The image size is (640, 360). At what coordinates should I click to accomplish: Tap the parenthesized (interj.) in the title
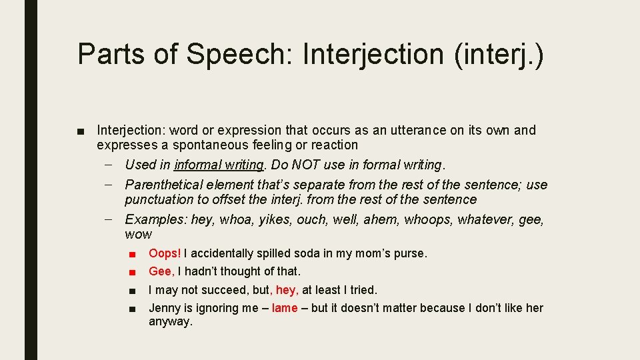click(x=499, y=54)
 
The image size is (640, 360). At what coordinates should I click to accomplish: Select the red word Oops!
click(x=165, y=253)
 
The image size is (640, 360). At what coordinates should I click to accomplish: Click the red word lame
click(x=285, y=308)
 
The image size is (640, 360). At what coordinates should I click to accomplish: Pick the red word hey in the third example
click(x=286, y=290)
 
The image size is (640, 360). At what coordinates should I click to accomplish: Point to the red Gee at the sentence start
click(x=161, y=271)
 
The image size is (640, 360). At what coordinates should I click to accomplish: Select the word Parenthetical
click(x=163, y=185)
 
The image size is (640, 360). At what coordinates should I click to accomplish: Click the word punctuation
click(x=158, y=199)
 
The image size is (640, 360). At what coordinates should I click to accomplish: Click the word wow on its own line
click(x=138, y=234)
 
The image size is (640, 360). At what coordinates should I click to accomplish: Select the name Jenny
click(x=164, y=308)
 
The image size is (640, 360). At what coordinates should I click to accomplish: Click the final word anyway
click(x=170, y=322)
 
